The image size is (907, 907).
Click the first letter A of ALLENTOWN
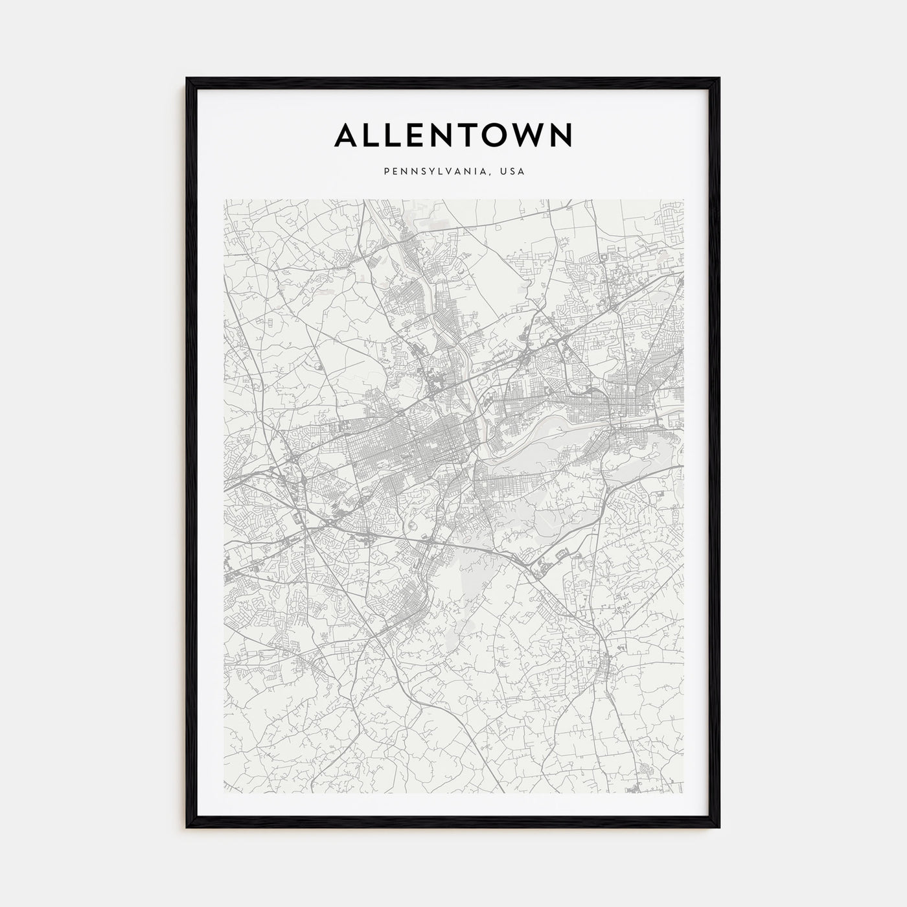coord(346,135)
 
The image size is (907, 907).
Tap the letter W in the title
coord(525,135)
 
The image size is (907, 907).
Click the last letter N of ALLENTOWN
coord(560,135)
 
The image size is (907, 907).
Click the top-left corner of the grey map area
coord(224,200)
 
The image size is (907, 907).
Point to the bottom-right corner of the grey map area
coord(683,793)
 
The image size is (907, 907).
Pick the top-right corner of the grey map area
coord(683,200)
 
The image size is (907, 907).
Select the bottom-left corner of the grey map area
coord(224,793)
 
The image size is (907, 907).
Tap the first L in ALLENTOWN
coord(372,135)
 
